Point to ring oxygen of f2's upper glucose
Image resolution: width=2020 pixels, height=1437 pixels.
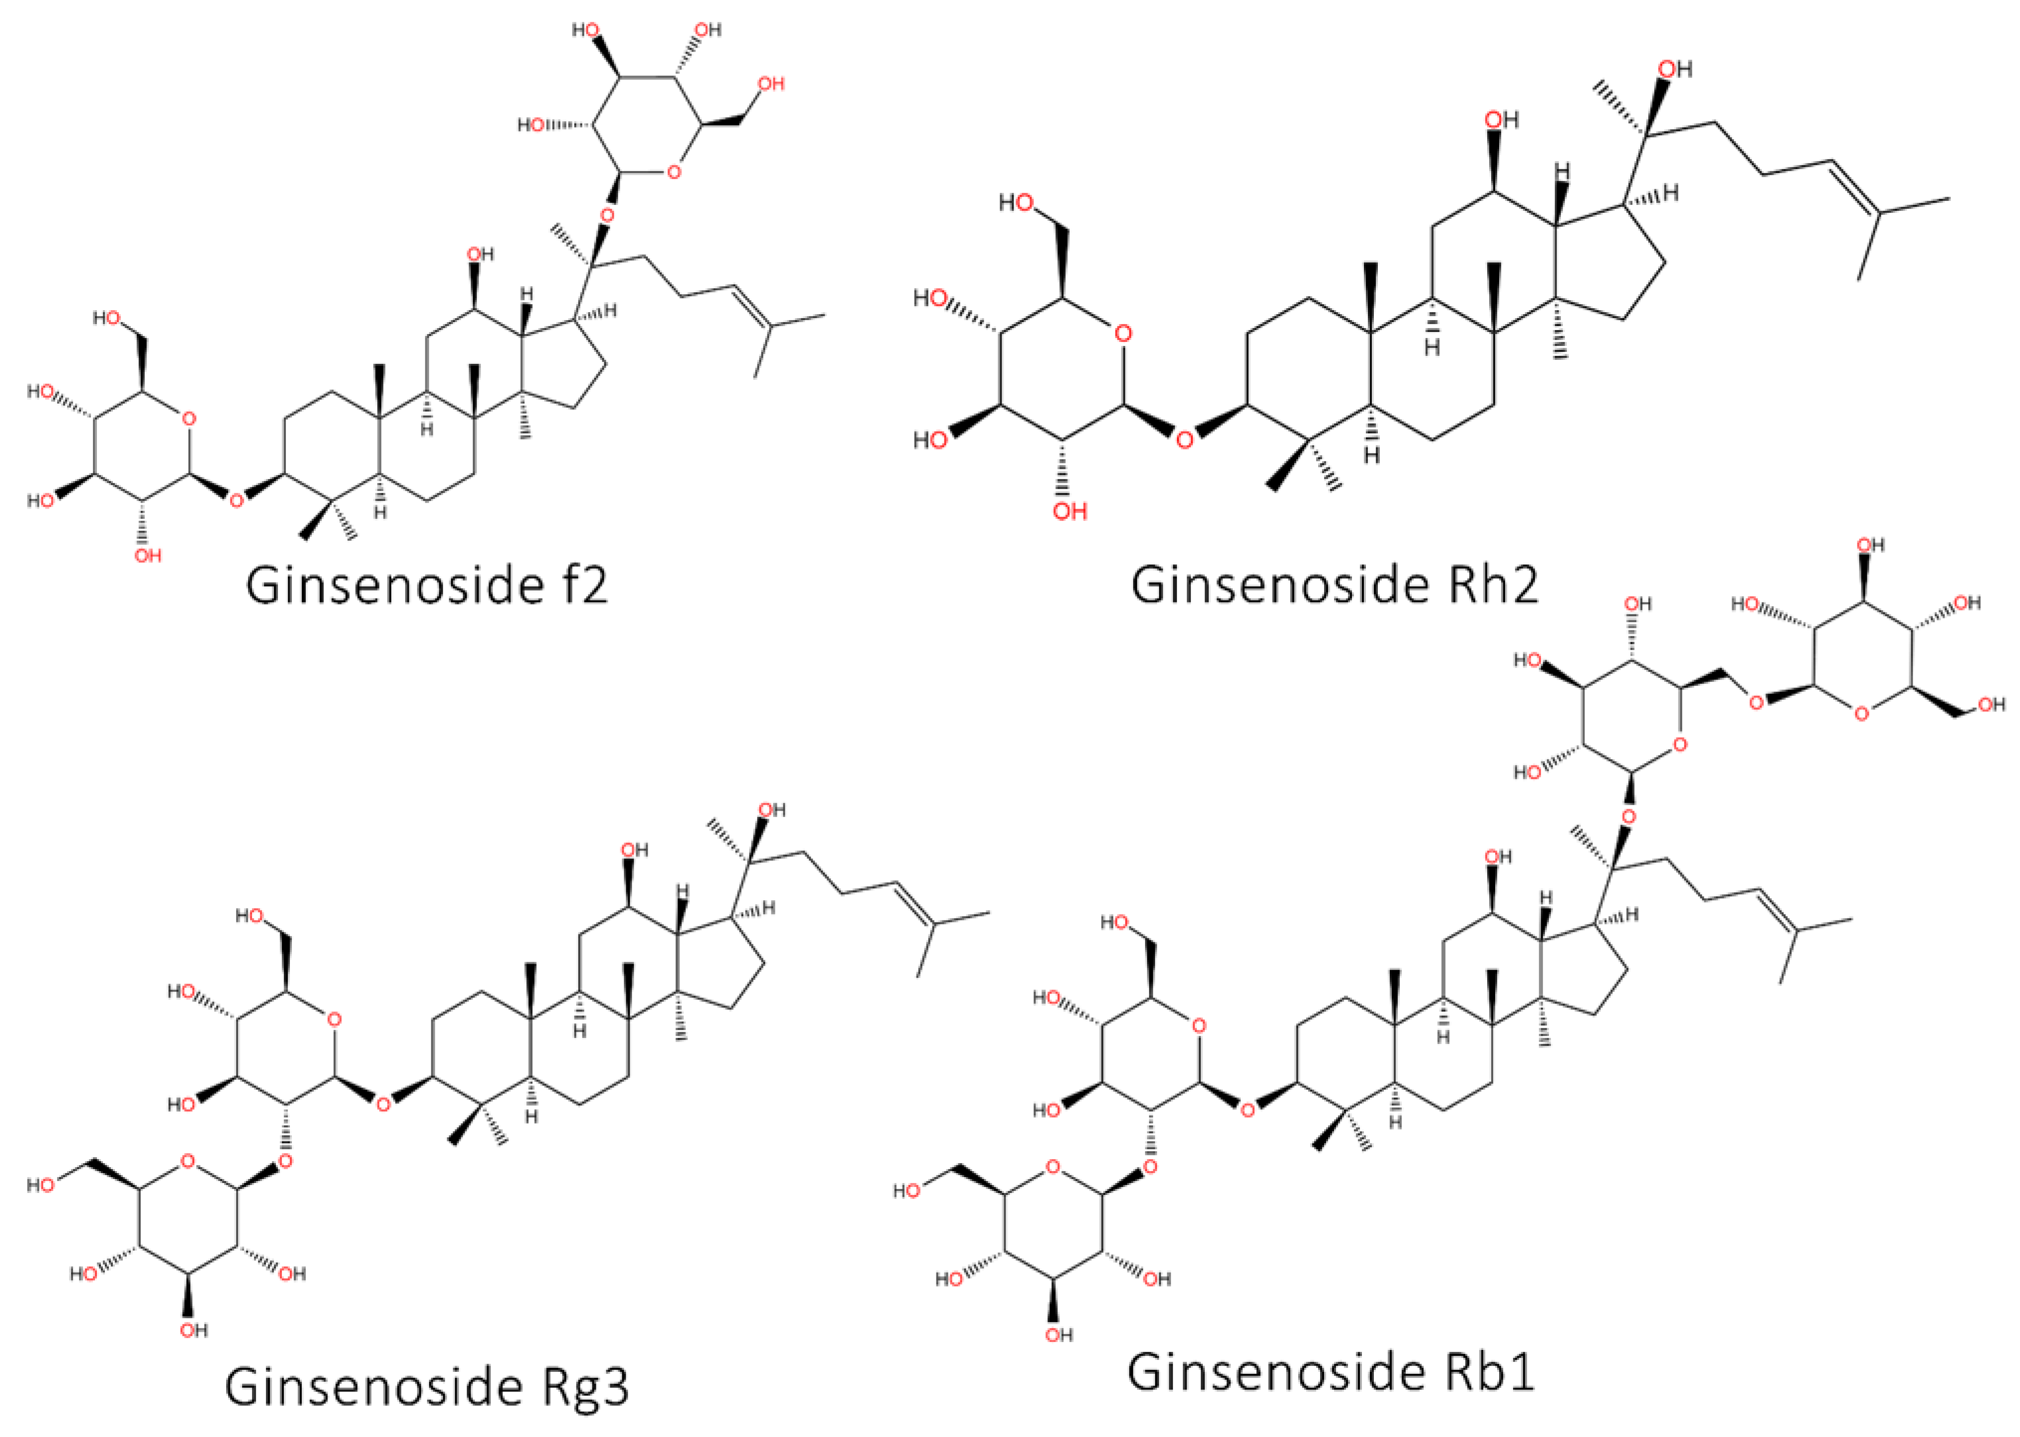(x=673, y=171)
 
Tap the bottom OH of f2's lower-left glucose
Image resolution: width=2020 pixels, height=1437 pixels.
(x=148, y=556)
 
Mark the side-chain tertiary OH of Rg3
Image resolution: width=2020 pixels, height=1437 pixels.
(x=771, y=810)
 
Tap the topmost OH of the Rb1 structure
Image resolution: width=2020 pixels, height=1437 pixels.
(x=1869, y=546)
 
